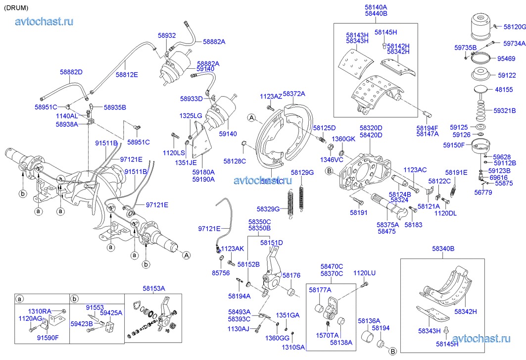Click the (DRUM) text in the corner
click(x=16, y=8)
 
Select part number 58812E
click(x=127, y=75)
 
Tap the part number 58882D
click(x=71, y=72)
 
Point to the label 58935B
click(x=115, y=107)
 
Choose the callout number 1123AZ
click(x=271, y=97)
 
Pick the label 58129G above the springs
click(x=302, y=172)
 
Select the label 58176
click(x=291, y=275)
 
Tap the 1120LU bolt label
click(x=364, y=273)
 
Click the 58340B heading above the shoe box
click(x=443, y=249)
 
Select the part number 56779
click(x=483, y=193)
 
